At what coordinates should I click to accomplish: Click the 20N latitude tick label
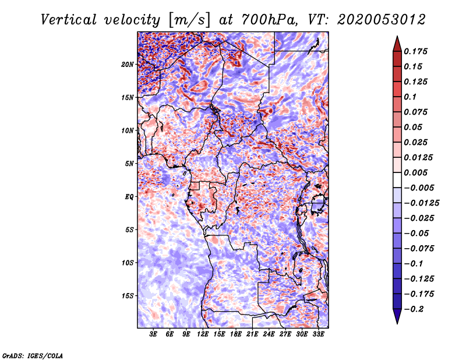(128, 64)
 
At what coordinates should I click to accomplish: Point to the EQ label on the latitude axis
(129, 197)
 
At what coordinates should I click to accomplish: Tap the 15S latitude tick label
(128, 296)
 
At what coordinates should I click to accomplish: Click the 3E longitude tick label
(153, 334)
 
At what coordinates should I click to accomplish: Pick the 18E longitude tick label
(235, 334)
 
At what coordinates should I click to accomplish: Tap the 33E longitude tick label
(317, 334)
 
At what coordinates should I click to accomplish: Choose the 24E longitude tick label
(268, 334)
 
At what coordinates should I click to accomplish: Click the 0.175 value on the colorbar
(416, 51)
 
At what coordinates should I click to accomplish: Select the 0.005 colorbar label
(416, 172)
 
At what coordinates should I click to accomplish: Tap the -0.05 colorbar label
(416, 233)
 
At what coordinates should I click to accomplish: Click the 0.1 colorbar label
(411, 97)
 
